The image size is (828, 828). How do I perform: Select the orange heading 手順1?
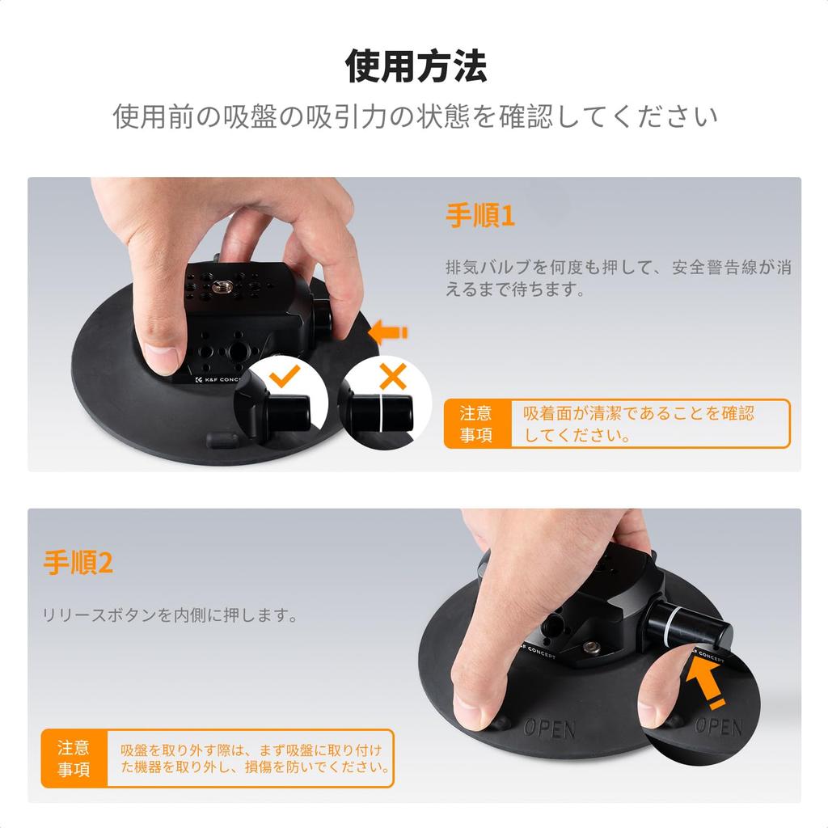coord(480,216)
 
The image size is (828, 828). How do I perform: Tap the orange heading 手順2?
coord(78,563)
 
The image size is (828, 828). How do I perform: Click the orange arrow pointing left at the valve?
coord(389,332)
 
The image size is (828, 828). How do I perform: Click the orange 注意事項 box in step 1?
coord(476,424)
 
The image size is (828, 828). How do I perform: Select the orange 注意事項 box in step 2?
coord(74,758)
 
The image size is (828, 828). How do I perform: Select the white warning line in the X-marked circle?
coord(378,413)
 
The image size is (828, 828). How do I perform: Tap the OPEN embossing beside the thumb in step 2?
coord(549,729)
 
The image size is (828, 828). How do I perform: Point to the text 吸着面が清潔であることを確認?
coord(638,413)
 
